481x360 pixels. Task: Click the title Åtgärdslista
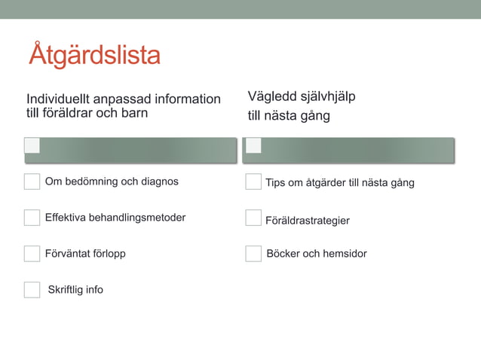[x=94, y=56]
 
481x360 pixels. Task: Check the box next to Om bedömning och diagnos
[x=32, y=182]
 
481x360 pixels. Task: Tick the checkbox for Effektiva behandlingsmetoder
[x=32, y=218]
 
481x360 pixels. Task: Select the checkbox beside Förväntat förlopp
[x=32, y=254]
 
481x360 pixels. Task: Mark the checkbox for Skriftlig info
[x=32, y=290]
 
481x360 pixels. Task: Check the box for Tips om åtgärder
[x=253, y=182]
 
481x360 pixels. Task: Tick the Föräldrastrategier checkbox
[x=253, y=218]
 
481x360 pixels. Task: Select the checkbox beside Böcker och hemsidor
[x=253, y=254]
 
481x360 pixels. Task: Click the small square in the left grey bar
[x=32, y=145]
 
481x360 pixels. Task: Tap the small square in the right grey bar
[x=253, y=145]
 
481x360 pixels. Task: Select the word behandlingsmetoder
[x=137, y=218]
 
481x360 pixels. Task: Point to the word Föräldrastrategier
[x=308, y=221]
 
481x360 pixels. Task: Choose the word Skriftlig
[x=66, y=290]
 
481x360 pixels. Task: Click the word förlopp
[x=108, y=254]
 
